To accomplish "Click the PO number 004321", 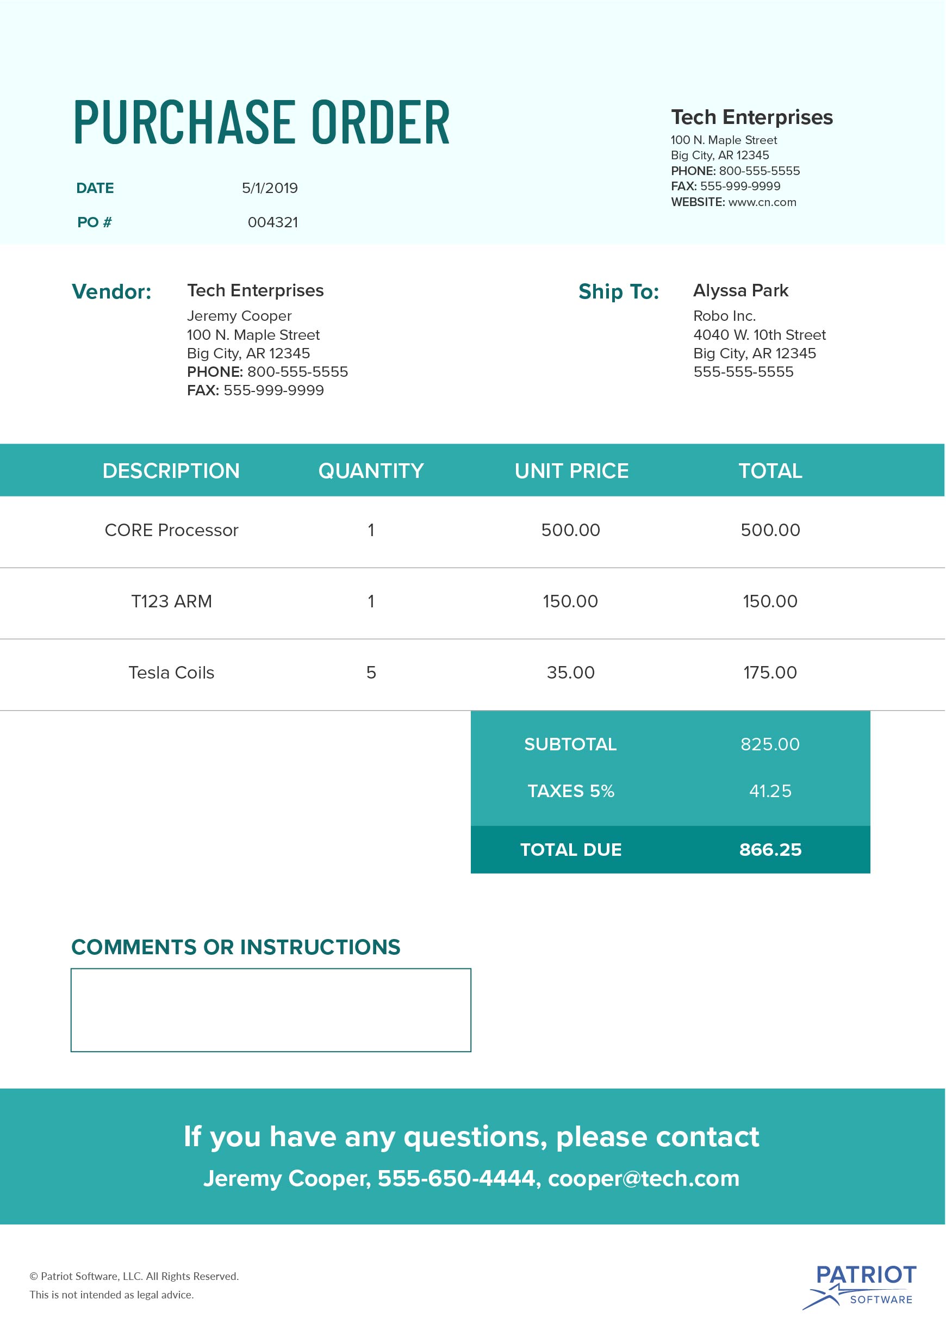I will point(272,222).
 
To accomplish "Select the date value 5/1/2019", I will point(270,188).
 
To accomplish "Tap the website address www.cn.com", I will point(762,202).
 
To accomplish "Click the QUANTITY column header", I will point(371,471).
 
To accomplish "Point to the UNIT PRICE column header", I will point(571,471).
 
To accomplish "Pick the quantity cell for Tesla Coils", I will point(371,673).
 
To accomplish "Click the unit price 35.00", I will point(571,673).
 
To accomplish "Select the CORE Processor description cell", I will point(171,530).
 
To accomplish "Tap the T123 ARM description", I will point(171,601).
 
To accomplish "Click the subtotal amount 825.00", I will point(770,744).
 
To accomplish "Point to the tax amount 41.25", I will point(770,791).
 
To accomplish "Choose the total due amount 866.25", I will point(770,850).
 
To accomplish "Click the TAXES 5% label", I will point(571,791).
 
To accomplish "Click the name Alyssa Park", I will point(740,290).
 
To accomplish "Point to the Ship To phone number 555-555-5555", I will point(743,372).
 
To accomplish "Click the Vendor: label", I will point(111,292).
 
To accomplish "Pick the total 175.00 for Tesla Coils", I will point(770,673).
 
